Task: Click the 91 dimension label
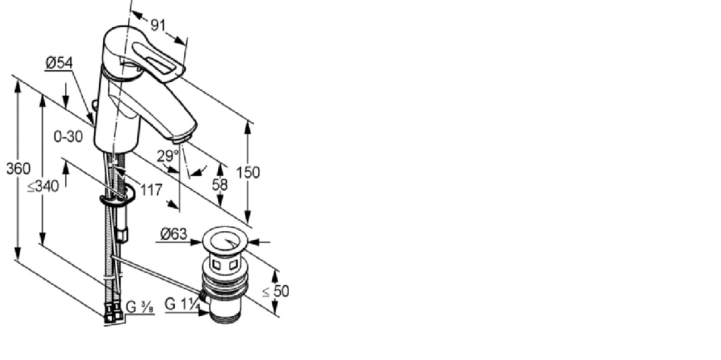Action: [158, 25]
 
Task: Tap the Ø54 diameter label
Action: [59, 62]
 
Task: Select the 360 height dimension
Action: [18, 168]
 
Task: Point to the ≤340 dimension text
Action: [43, 187]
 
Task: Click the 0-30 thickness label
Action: [68, 137]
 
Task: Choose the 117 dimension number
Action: [151, 190]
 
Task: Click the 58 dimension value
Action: [220, 185]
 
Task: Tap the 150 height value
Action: [248, 172]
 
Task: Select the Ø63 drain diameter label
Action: [174, 234]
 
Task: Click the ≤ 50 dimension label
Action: [276, 291]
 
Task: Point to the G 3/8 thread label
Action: [140, 307]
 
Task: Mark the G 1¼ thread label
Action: [183, 304]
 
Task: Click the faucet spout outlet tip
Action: [180, 140]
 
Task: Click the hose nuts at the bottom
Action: [113, 313]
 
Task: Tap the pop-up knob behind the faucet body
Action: [95, 104]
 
